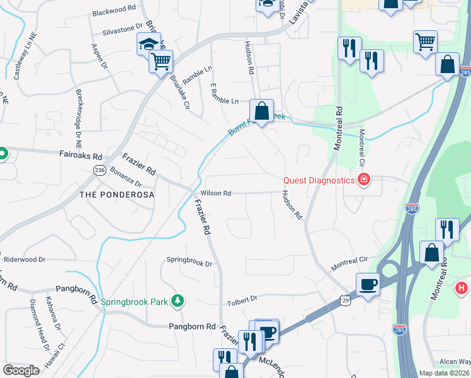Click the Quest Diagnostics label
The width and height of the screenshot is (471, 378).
[319, 180]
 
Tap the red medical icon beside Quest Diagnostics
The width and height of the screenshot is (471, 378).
[363, 181]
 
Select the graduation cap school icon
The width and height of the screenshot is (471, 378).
[148, 44]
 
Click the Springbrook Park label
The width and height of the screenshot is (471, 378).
[135, 302]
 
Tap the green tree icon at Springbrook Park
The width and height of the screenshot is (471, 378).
[178, 301]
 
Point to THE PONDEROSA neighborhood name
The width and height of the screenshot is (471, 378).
[116, 195]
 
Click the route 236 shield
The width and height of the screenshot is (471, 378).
[99, 171]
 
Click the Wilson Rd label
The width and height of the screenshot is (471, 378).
[216, 193]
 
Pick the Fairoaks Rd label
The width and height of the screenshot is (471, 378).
[81, 156]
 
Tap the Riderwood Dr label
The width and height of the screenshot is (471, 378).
[25, 259]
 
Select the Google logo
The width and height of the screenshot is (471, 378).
[21, 370]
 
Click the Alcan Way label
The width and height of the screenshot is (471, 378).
[455, 361]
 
